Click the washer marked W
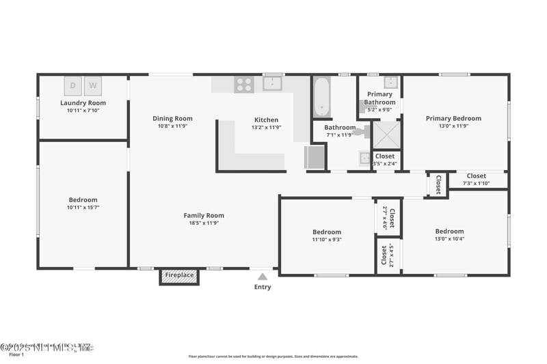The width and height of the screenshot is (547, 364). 93,86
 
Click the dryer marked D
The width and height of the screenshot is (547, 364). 73,86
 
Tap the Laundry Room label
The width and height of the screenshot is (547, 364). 83,103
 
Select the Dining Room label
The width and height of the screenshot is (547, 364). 172,118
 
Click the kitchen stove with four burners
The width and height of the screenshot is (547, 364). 244,85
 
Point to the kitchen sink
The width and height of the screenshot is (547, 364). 273,84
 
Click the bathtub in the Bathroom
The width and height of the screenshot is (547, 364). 322,97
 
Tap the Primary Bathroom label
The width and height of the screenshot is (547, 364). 379,98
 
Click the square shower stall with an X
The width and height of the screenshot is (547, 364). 385,133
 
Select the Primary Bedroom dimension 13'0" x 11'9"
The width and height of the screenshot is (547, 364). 453,126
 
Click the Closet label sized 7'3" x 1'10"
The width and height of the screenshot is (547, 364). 477,183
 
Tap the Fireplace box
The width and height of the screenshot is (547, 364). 180,275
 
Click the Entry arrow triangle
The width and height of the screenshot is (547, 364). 263,277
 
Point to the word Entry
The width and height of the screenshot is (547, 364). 263,287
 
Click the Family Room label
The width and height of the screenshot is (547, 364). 204,216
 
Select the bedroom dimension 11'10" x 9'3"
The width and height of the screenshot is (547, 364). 327,240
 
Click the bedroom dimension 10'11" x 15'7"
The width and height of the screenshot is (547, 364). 83,207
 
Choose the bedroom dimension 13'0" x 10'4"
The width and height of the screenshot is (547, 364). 449,238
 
